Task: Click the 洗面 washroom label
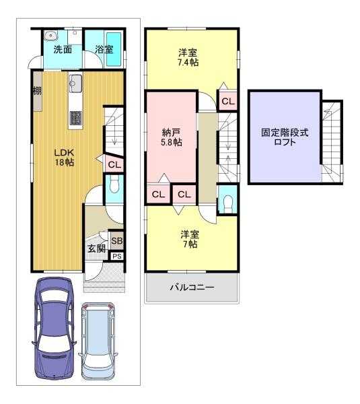[63, 49]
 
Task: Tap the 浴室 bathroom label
[104, 49]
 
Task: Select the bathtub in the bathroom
[114, 48]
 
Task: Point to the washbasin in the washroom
[51, 36]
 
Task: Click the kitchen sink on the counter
[75, 83]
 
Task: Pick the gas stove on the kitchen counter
[76, 118]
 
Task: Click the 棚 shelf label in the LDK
[37, 91]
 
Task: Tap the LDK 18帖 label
[64, 157]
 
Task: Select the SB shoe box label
[116, 240]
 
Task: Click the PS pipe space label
[117, 257]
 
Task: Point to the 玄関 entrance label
[97, 248]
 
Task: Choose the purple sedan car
[54, 328]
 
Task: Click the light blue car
[98, 341]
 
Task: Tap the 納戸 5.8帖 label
[171, 137]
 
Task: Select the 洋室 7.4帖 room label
[188, 57]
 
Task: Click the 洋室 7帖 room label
[190, 239]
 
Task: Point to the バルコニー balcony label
[192, 287]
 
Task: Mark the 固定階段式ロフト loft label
[285, 137]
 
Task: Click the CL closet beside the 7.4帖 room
[228, 101]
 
